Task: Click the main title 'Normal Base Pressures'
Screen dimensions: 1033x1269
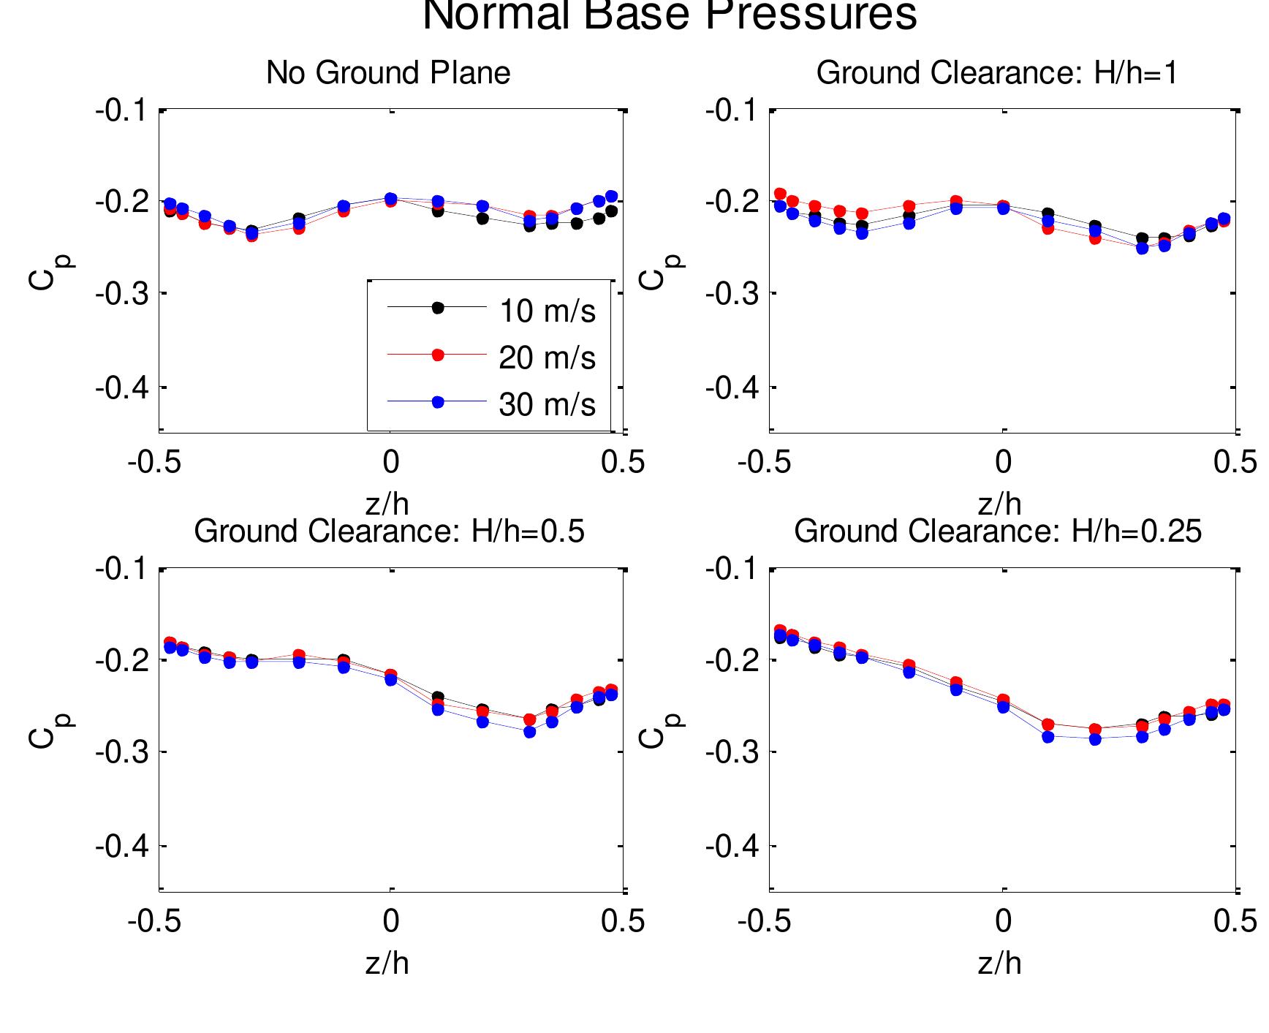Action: (670, 15)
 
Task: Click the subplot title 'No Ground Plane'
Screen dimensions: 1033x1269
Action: (388, 73)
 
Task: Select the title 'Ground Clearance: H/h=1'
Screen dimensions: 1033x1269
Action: (997, 73)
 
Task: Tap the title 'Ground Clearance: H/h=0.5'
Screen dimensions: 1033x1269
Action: (389, 531)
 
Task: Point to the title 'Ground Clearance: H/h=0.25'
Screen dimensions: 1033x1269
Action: (998, 531)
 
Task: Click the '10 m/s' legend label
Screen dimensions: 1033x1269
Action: (547, 311)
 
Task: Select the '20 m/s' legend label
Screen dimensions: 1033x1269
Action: (547, 358)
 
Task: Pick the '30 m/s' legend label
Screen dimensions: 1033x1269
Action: (547, 405)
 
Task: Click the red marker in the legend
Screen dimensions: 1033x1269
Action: (438, 355)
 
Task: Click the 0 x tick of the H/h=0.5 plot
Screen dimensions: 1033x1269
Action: (391, 921)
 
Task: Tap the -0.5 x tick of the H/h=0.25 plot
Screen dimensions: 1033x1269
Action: (765, 921)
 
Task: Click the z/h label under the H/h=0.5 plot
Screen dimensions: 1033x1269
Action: (387, 964)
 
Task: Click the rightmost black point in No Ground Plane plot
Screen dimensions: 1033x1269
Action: (612, 211)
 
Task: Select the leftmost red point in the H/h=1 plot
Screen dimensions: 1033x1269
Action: (780, 194)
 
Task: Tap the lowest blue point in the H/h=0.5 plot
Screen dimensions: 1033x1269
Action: (530, 731)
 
